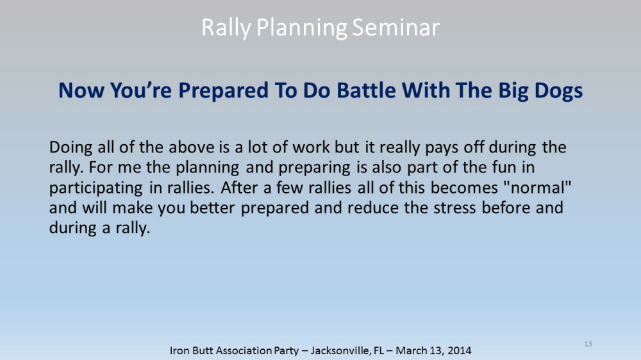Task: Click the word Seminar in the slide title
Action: (x=395, y=28)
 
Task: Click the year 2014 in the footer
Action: (x=460, y=350)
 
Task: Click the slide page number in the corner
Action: (x=588, y=344)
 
